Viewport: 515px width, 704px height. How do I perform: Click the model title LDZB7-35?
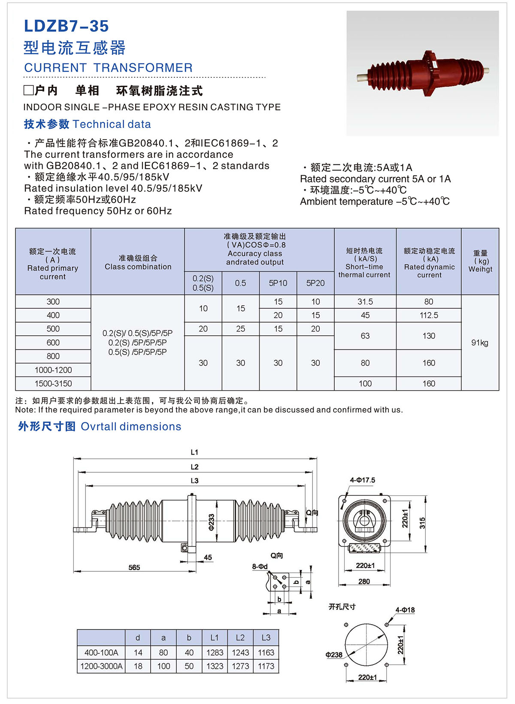pyautogui.click(x=67, y=26)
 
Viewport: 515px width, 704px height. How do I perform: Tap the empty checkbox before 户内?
pyautogui.click(x=28, y=90)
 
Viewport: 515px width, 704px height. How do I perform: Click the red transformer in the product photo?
pyautogui.click(x=423, y=73)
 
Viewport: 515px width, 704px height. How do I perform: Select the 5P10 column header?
pyautogui.click(x=278, y=283)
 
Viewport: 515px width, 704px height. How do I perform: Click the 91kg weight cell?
pyautogui.click(x=480, y=343)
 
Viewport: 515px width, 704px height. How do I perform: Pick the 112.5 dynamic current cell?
pyautogui.click(x=429, y=316)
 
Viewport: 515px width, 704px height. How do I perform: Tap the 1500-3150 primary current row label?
pyautogui.click(x=53, y=383)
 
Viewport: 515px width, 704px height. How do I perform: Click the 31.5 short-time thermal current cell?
pyautogui.click(x=365, y=302)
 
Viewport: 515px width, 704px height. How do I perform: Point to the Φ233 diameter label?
pyautogui.click(x=211, y=522)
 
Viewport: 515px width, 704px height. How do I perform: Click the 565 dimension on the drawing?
pyautogui.click(x=134, y=567)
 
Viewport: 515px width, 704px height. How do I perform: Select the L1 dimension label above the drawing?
pyautogui.click(x=194, y=452)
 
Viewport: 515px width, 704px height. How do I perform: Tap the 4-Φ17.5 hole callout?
pyautogui.click(x=363, y=480)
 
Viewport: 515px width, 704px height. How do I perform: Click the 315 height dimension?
pyautogui.click(x=422, y=523)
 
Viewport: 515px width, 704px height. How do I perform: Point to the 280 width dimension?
pyautogui.click(x=364, y=581)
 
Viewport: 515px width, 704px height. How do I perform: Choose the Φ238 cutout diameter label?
pyautogui.click(x=334, y=655)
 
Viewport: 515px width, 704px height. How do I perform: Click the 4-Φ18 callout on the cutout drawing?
pyautogui.click(x=405, y=610)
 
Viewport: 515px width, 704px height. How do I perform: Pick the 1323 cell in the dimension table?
pyautogui.click(x=215, y=666)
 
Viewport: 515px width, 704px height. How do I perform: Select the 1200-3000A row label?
pyautogui.click(x=101, y=666)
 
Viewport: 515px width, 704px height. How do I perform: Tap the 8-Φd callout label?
pyautogui.click(x=260, y=567)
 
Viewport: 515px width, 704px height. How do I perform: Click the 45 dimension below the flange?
pyautogui.click(x=208, y=557)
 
